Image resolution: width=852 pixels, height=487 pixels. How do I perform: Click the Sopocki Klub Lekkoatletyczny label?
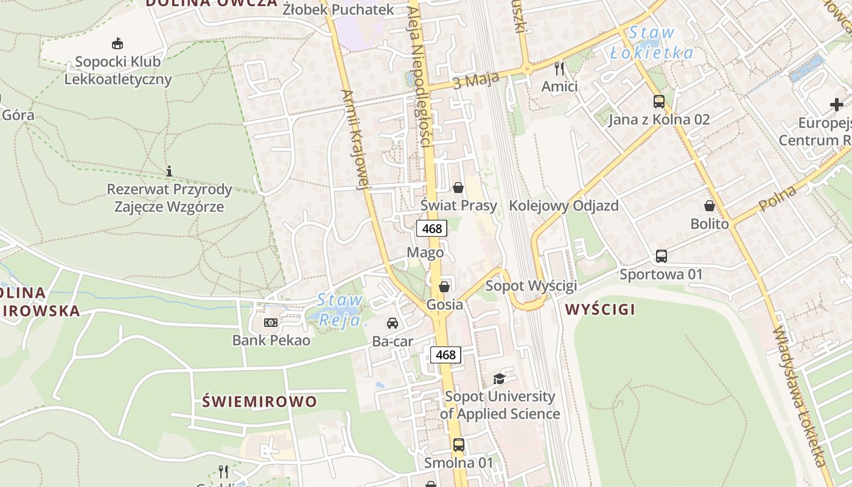click(118, 70)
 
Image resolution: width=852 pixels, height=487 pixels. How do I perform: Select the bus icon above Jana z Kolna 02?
click(659, 101)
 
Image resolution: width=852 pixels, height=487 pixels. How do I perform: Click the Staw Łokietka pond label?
click(652, 43)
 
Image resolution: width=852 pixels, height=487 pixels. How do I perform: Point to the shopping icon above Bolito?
click(710, 206)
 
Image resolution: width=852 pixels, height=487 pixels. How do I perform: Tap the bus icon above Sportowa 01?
click(662, 256)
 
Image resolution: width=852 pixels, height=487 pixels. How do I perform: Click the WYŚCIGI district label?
click(600, 309)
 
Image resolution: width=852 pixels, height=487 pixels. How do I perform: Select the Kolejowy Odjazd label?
click(564, 206)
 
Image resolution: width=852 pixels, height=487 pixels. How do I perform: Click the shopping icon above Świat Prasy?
click(458, 187)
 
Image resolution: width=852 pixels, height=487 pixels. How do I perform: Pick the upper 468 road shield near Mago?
click(431, 229)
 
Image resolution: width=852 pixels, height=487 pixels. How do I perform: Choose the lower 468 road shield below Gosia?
click(445, 354)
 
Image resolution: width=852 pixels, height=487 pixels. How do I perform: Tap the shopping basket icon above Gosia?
click(445, 286)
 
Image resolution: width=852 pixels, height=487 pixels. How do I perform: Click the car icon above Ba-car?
click(393, 323)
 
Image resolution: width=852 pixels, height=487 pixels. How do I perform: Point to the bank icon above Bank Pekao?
click(271, 322)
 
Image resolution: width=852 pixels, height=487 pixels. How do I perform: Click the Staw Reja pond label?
click(340, 309)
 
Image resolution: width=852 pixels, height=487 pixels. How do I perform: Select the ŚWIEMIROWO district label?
click(260, 402)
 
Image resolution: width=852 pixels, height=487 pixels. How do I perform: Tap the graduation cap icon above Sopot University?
click(499, 379)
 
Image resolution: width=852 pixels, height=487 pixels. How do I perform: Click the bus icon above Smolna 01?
click(459, 445)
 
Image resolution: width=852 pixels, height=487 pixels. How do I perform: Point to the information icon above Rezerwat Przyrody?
click(169, 171)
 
